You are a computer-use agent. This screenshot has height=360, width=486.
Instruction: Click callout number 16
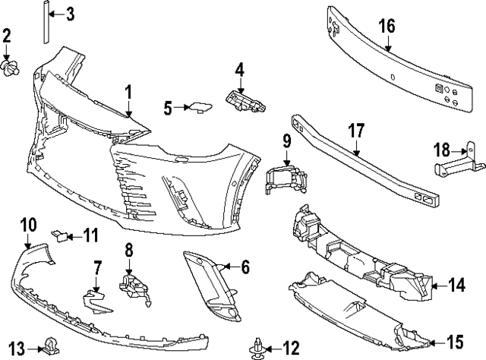387,26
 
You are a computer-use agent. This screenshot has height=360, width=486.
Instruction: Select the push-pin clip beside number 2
11,69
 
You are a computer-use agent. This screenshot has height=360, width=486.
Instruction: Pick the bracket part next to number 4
245,102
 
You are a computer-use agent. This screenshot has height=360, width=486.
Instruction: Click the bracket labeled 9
284,181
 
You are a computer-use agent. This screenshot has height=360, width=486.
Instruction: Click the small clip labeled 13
51,346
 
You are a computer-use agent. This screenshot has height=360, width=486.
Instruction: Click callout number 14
456,286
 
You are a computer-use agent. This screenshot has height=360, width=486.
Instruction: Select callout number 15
455,340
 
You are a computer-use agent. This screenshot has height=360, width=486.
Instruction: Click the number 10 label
27,224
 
